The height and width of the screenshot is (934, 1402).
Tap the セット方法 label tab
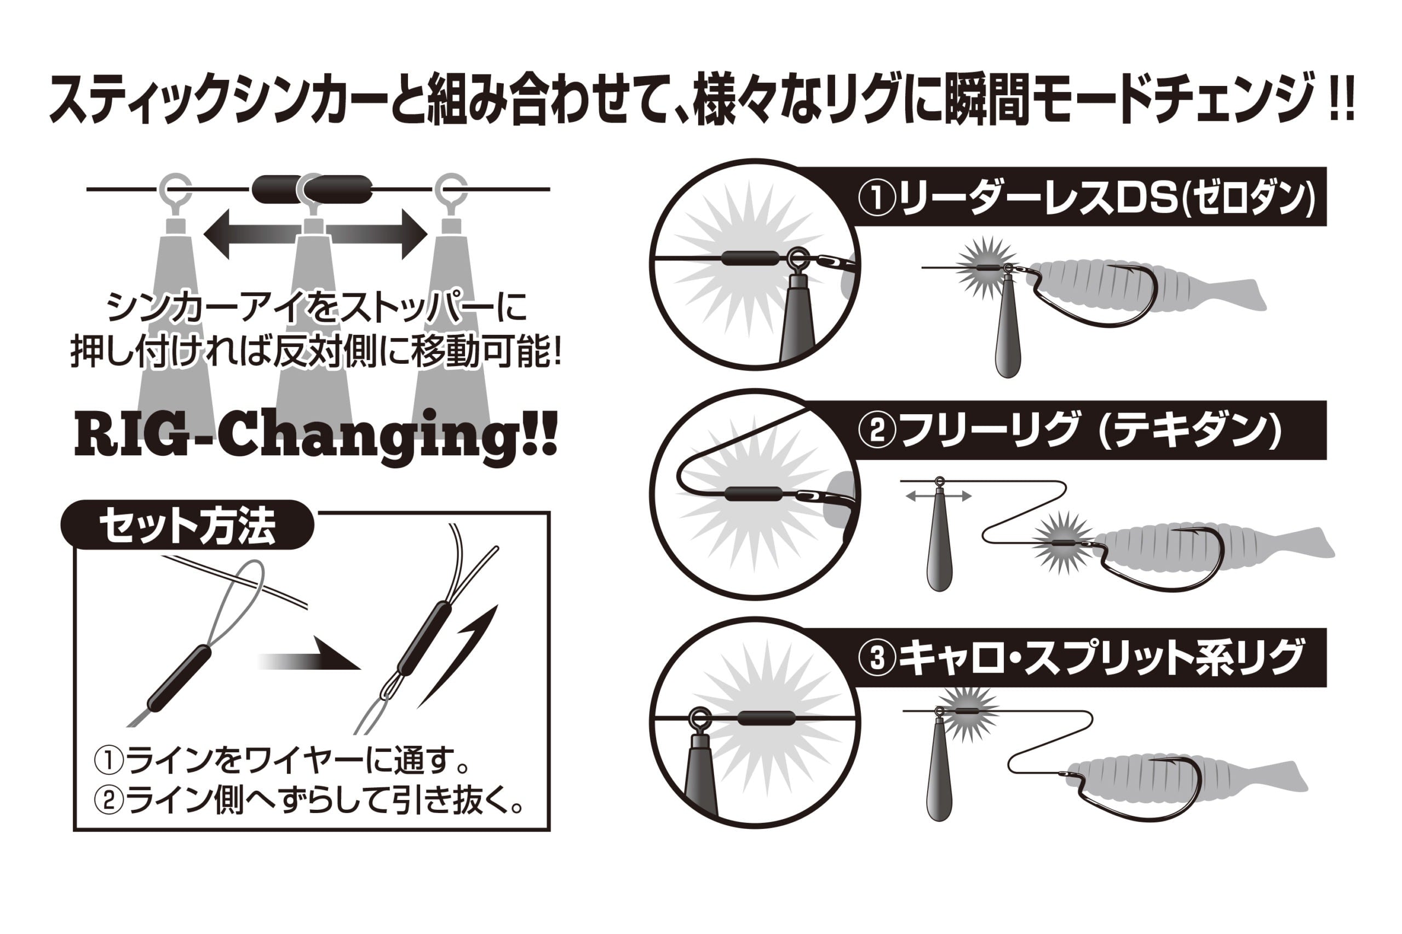point(187,526)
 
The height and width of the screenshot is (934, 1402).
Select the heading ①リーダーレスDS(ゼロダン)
point(1086,198)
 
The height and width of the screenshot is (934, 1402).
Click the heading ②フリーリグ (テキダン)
point(1070,430)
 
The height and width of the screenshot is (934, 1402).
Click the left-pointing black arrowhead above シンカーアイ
point(217,234)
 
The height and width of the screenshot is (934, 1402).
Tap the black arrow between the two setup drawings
point(310,660)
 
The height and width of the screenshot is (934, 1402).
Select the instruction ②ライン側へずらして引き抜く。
point(310,800)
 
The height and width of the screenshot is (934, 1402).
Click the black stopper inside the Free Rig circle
point(754,494)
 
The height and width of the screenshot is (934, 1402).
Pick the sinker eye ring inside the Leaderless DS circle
point(797,258)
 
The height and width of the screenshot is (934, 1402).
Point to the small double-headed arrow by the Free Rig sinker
point(938,495)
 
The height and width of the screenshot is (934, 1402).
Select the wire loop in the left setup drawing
point(241,602)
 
